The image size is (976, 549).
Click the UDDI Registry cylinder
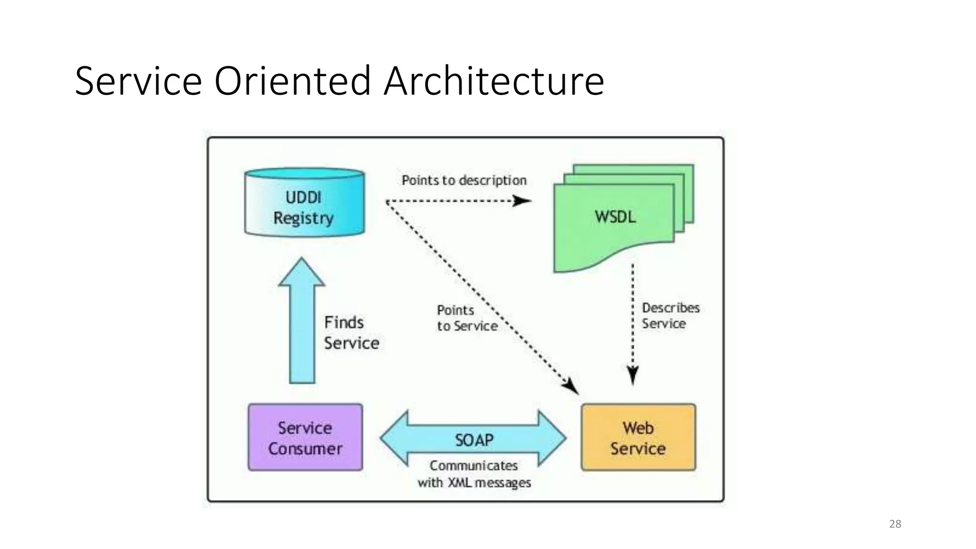pyautogui.click(x=304, y=203)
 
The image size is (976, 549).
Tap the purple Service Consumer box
pyautogui.click(x=305, y=437)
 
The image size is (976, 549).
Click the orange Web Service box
pyautogui.click(x=638, y=437)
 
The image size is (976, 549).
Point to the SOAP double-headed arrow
pyautogui.click(x=473, y=439)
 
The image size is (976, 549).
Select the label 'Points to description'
pyautogui.click(x=464, y=181)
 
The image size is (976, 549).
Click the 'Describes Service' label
pyautogui.click(x=670, y=315)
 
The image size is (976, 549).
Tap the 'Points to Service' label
pyautogui.click(x=466, y=318)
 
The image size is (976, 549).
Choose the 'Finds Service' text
pyautogui.click(x=351, y=333)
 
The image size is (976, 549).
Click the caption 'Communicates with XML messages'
pyautogui.click(x=474, y=474)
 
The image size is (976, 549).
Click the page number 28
pyautogui.click(x=895, y=524)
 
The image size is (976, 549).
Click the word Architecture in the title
pyautogui.click(x=494, y=81)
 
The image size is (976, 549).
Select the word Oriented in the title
pyautogui.click(x=292, y=81)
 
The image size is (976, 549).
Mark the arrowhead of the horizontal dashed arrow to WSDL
pyautogui.click(x=522, y=201)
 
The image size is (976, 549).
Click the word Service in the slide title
pyautogui.click(x=138, y=81)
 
